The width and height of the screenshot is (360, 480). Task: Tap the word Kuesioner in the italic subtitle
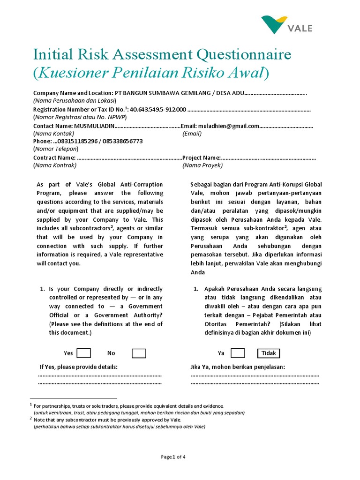(x=68, y=73)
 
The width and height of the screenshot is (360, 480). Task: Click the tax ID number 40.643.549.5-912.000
(x=158, y=110)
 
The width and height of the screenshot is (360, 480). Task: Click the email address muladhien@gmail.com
(x=229, y=126)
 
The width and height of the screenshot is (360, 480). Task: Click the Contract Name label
(x=54, y=157)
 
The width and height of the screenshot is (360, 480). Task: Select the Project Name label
(x=202, y=157)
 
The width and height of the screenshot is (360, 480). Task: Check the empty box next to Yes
(x=83, y=353)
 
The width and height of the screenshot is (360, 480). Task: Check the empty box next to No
(x=139, y=353)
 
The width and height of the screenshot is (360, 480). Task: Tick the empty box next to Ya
(x=238, y=353)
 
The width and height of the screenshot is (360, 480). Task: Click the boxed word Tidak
(x=269, y=353)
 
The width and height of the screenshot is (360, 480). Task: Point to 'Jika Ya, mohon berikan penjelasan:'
(x=238, y=367)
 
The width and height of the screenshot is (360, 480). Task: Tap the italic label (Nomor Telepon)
(x=56, y=149)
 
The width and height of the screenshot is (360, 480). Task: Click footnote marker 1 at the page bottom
(x=31, y=405)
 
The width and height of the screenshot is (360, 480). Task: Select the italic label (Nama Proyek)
(x=202, y=165)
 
